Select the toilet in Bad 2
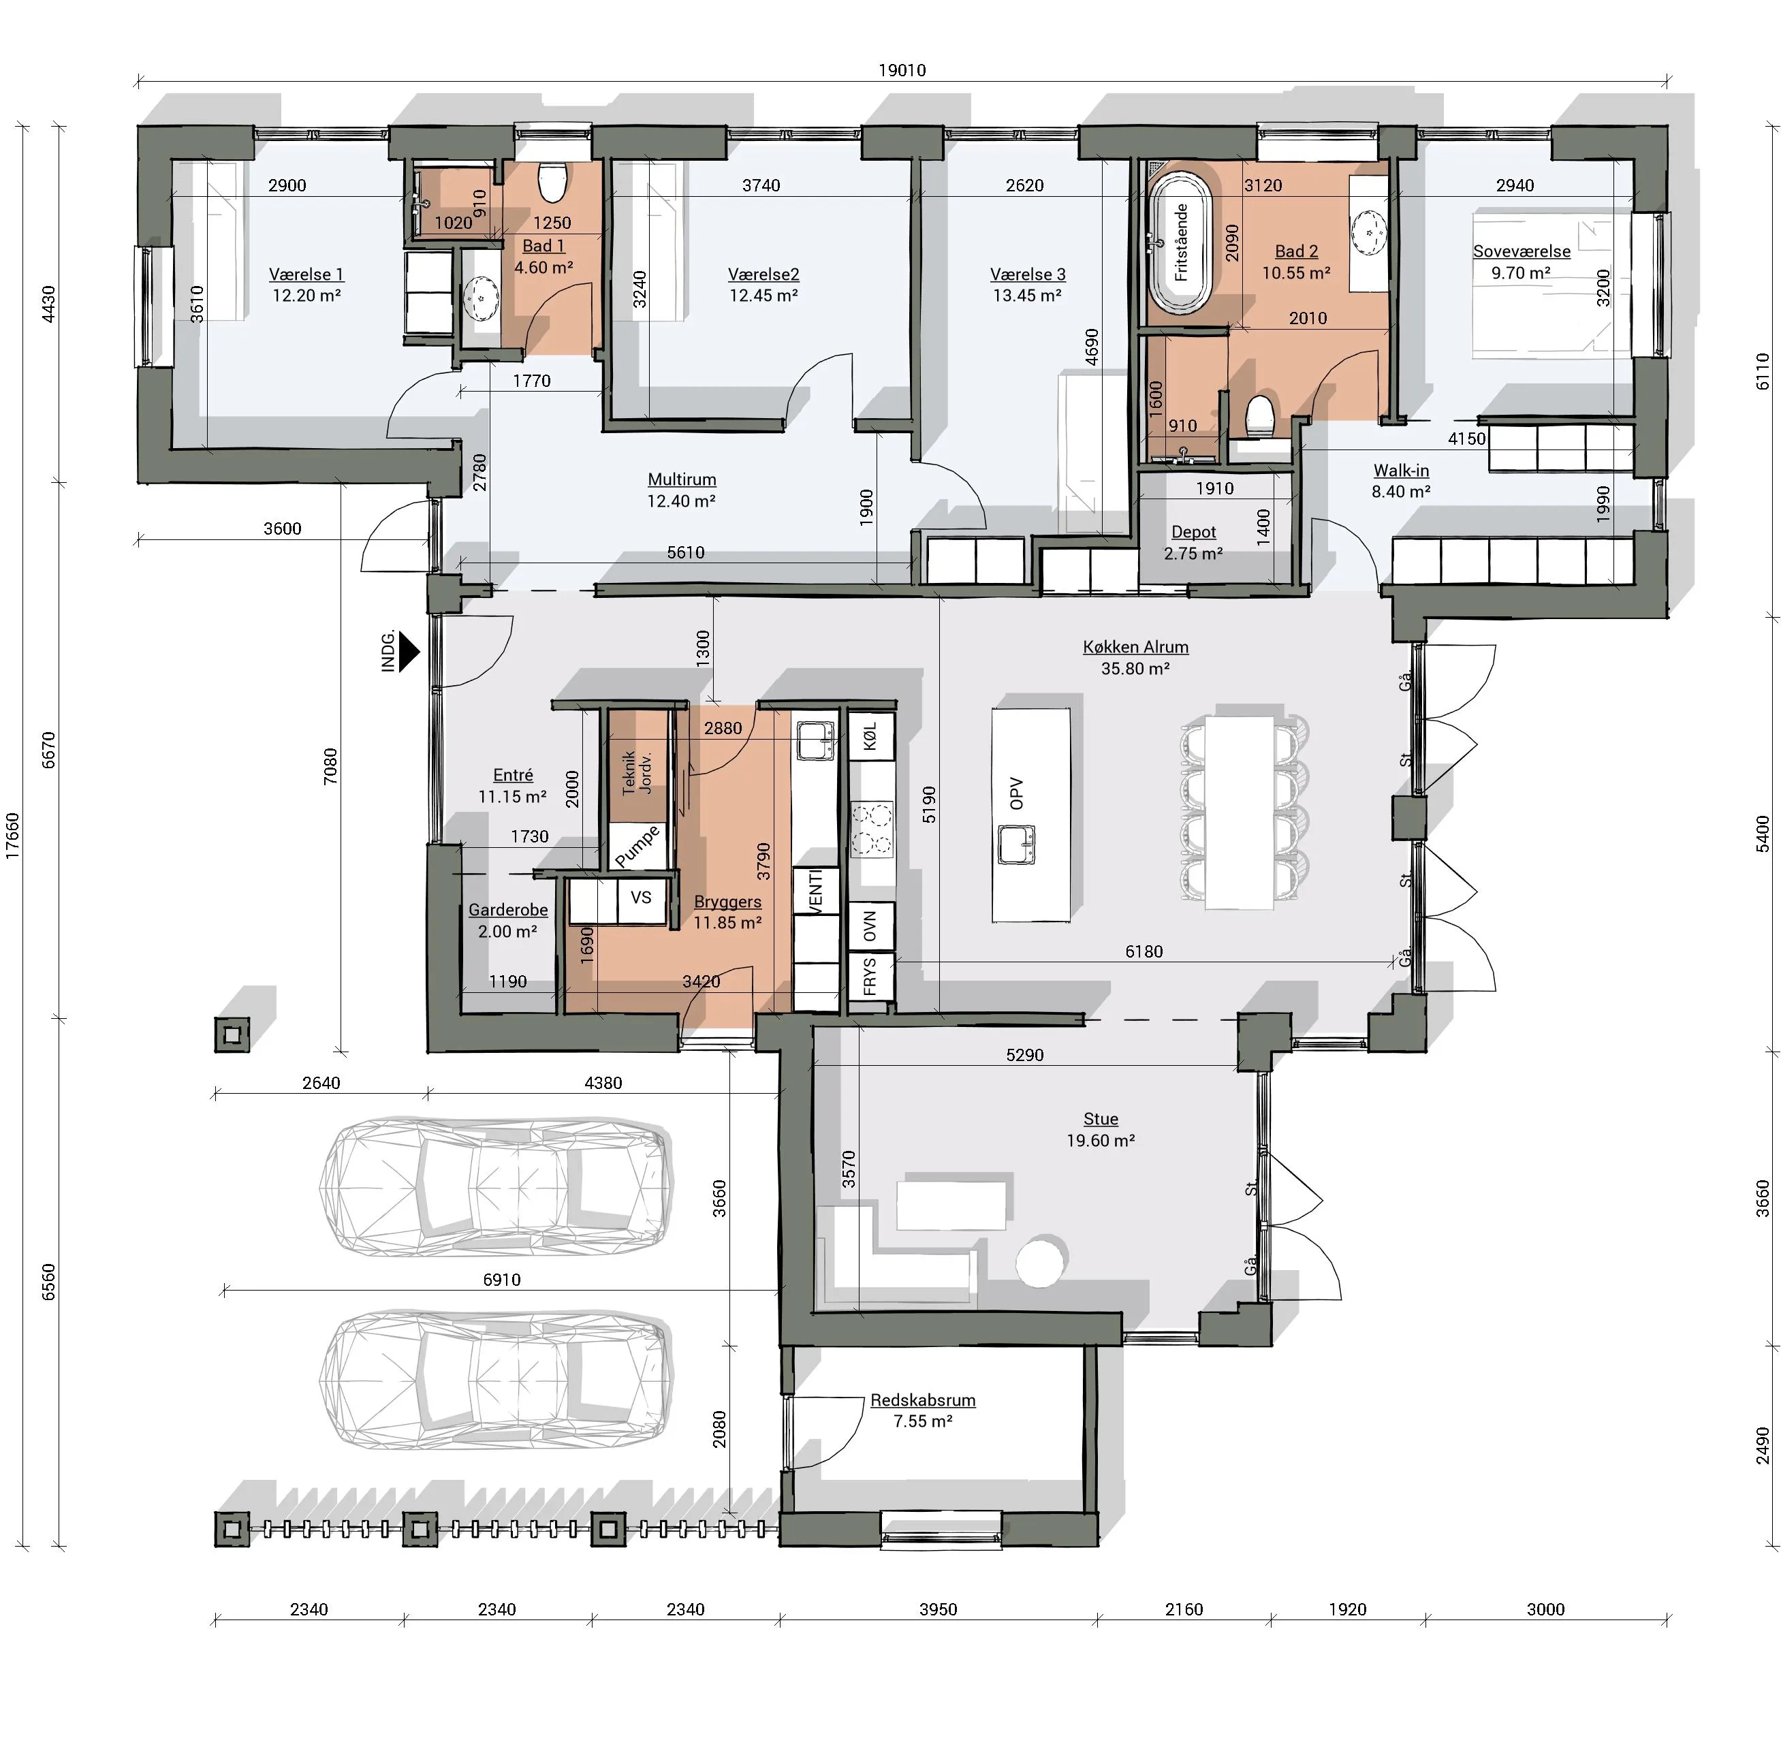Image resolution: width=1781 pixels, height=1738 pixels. (1260, 418)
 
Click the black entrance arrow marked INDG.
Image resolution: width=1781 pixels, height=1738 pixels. (409, 652)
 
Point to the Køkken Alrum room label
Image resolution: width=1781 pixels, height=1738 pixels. (1135, 647)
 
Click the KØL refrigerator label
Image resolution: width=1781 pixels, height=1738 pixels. (870, 736)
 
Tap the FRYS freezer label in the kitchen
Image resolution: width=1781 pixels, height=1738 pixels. (869, 977)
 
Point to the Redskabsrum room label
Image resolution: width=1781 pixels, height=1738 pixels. (923, 1400)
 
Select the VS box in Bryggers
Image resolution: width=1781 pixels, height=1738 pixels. (641, 898)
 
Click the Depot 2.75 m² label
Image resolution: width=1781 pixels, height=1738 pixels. (1193, 542)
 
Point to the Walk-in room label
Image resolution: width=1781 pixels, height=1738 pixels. (1401, 471)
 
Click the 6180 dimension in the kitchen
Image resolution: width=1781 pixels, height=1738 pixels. (1144, 952)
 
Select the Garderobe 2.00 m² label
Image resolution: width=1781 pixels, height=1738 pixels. (507, 920)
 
